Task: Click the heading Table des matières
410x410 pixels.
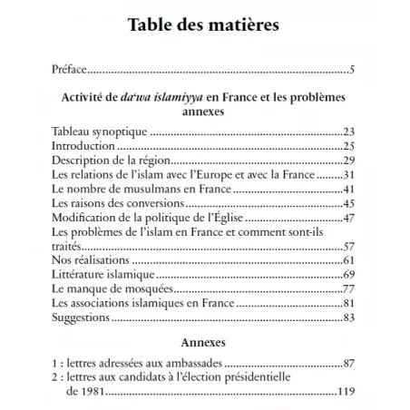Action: [x=205, y=25]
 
